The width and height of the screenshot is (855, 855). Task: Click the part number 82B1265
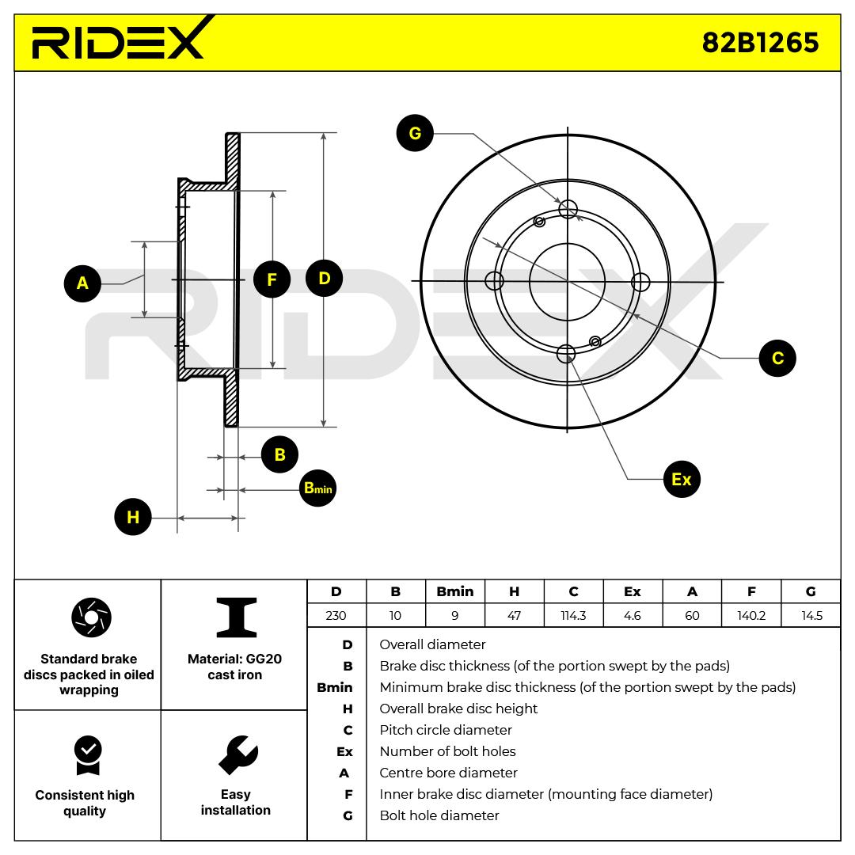point(760,42)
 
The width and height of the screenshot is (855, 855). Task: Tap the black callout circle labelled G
point(415,134)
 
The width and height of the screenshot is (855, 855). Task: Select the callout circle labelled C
point(777,358)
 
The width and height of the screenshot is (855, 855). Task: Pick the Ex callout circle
point(681,479)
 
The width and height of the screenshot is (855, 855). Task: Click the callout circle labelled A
point(82,283)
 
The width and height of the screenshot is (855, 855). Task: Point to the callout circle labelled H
point(132,517)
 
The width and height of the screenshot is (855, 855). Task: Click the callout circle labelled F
point(272,279)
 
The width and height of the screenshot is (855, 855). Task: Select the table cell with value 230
point(336,615)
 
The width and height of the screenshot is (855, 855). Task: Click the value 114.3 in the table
point(573,615)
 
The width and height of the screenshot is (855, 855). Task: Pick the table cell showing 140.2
point(751,615)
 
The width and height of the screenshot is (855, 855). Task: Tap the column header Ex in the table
point(633,591)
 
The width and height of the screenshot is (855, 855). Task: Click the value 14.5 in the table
point(811,615)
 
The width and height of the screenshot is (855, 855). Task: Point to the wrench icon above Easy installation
point(237,754)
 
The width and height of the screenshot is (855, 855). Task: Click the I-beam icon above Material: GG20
point(236,617)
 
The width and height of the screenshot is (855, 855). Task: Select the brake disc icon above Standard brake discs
point(91,617)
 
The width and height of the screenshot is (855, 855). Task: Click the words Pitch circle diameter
point(446,730)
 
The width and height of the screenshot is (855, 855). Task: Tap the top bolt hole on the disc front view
point(568,209)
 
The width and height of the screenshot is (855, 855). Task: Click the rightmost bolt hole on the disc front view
point(640,281)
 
